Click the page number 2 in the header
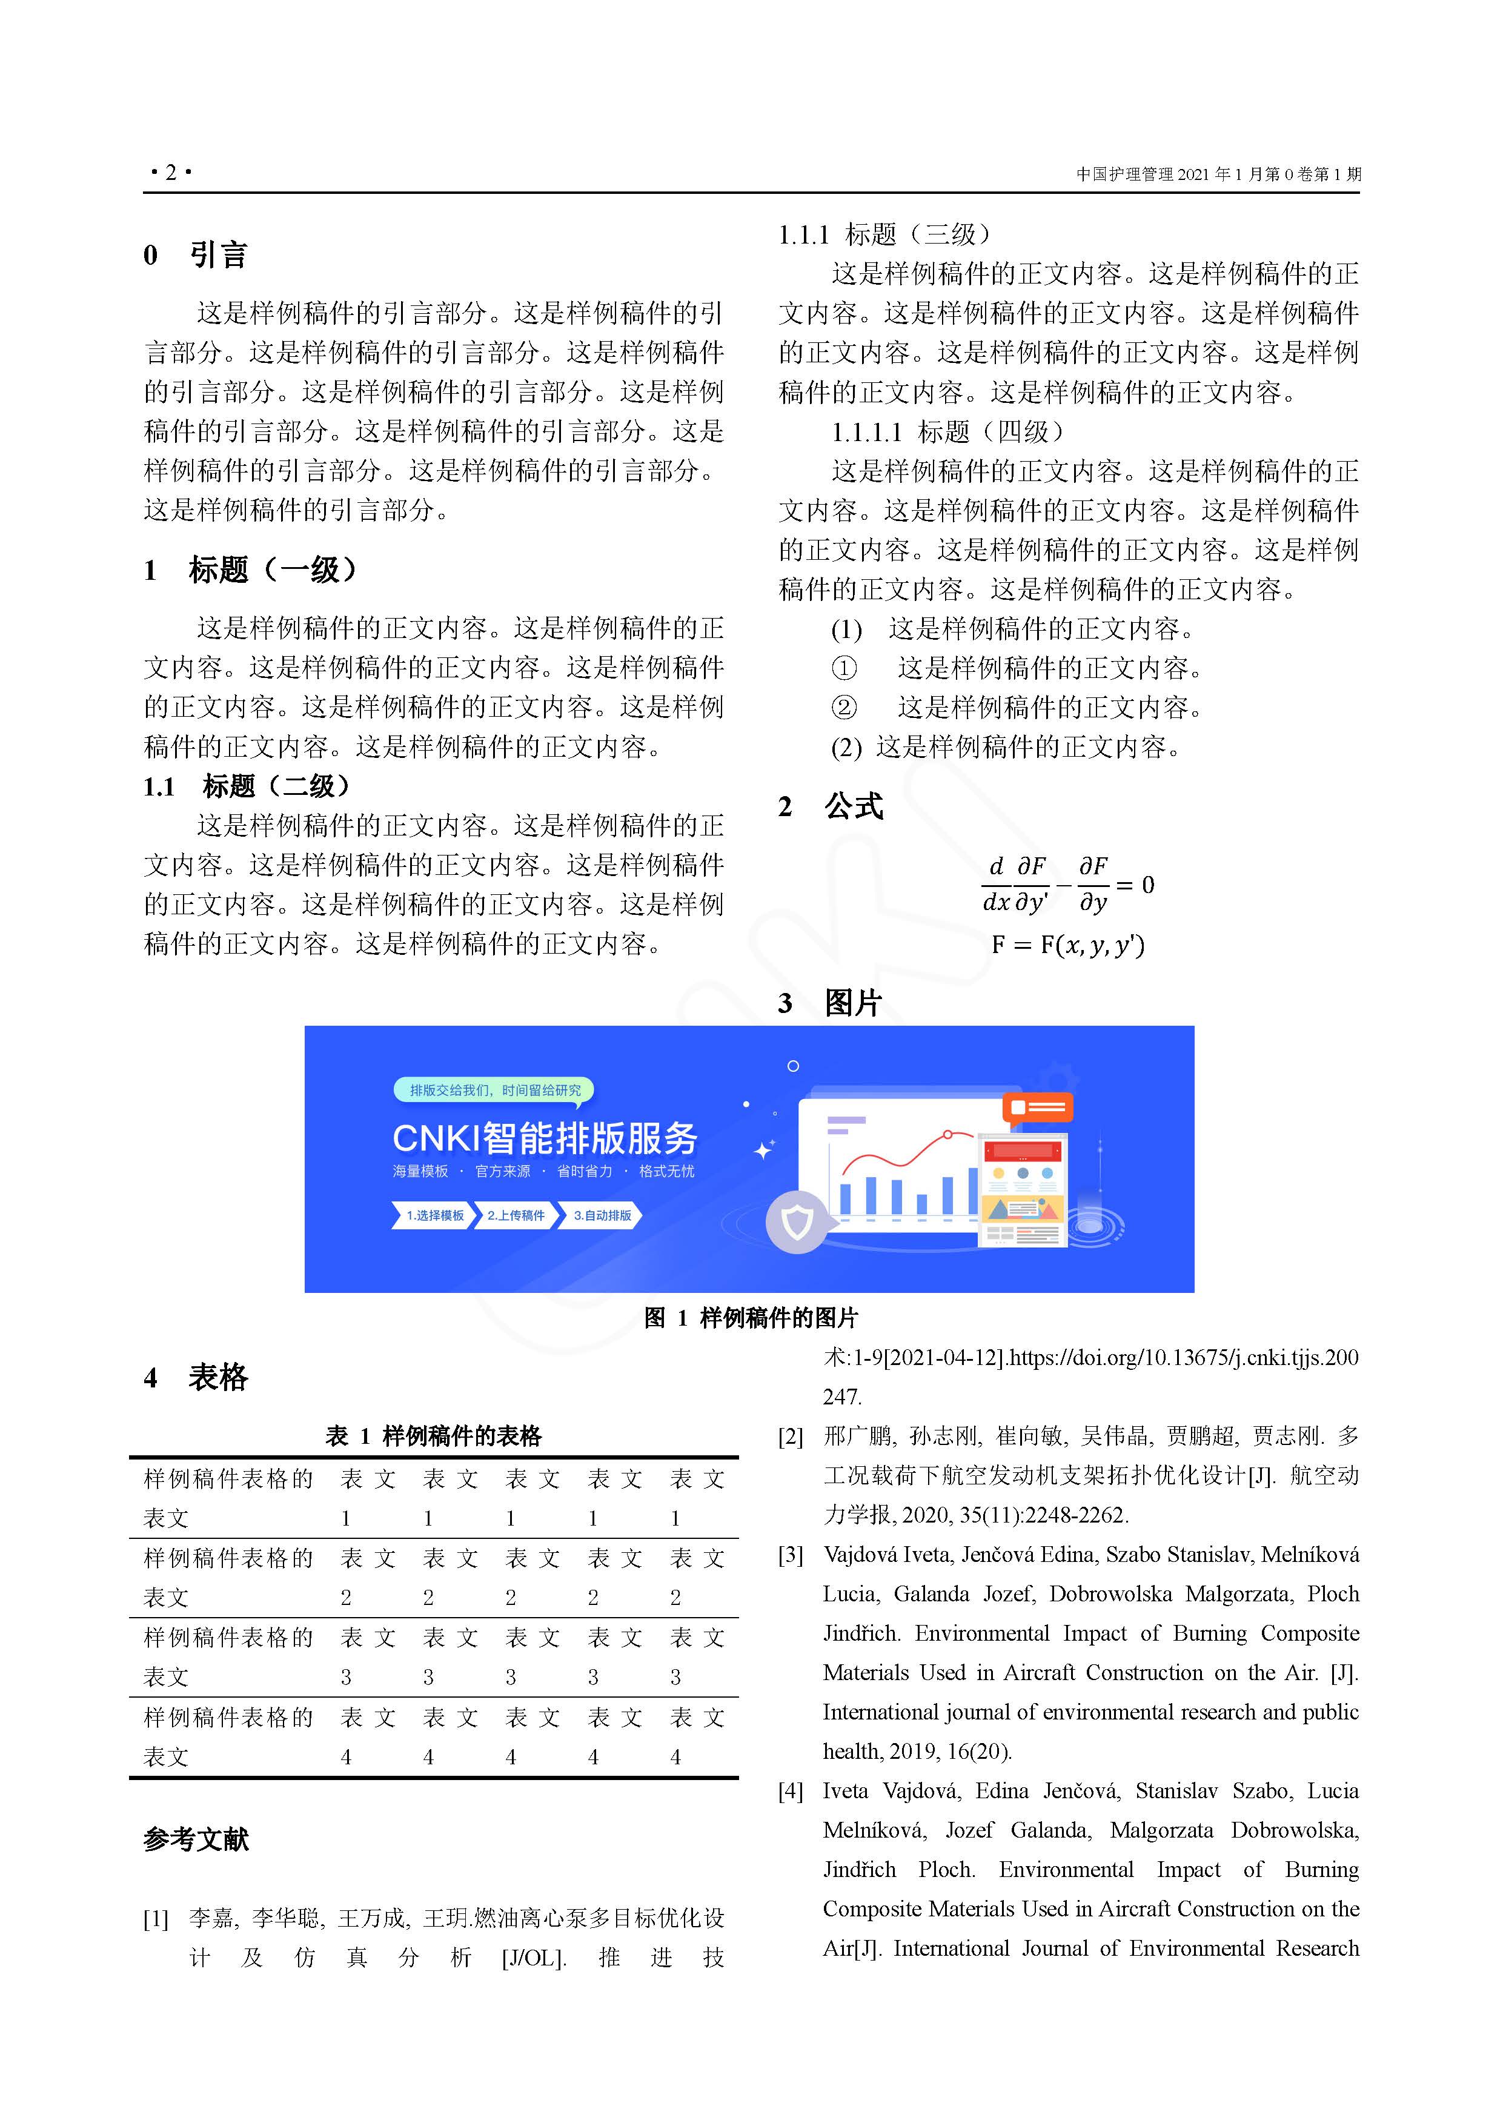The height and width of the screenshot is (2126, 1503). tap(170, 172)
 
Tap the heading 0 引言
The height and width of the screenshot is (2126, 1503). tap(196, 254)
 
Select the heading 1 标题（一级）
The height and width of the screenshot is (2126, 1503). tap(250, 570)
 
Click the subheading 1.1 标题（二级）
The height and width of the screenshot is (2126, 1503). tap(247, 786)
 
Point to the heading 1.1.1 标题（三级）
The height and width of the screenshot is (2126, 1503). tap(884, 234)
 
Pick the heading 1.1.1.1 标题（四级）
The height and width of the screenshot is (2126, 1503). tap(948, 431)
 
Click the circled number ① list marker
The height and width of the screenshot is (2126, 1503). tap(844, 668)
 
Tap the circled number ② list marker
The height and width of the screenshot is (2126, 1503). tap(844, 708)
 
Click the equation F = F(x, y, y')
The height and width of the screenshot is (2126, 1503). tap(1068, 945)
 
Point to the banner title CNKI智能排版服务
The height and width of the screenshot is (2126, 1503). tap(545, 1138)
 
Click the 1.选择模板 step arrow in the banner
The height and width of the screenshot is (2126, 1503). tap(433, 1215)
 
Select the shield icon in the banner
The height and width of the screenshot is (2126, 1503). tap(797, 1222)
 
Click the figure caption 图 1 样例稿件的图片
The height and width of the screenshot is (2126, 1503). tap(751, 1318)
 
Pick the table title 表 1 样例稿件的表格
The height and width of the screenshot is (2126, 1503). tap(433, 1436)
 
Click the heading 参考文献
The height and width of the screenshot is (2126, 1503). tap(196, 1839)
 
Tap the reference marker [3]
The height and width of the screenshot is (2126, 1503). tap(791, 1555)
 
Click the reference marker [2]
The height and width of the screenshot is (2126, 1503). tap(791, 1436)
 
